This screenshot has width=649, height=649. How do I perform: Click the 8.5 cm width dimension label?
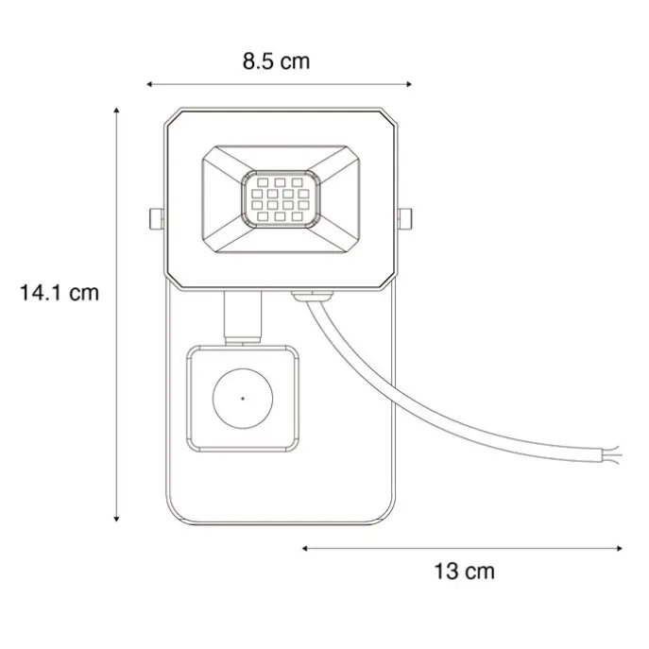point(276,62)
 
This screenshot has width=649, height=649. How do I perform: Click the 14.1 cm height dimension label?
point(59,292)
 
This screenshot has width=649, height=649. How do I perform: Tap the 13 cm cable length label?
point(464,571)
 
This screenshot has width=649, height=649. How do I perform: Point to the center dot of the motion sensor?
point(244,398)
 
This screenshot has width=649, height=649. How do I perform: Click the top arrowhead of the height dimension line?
point(116,111)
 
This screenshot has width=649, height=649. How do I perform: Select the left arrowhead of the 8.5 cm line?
point(149,85)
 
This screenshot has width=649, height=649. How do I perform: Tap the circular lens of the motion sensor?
point(244,398)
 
